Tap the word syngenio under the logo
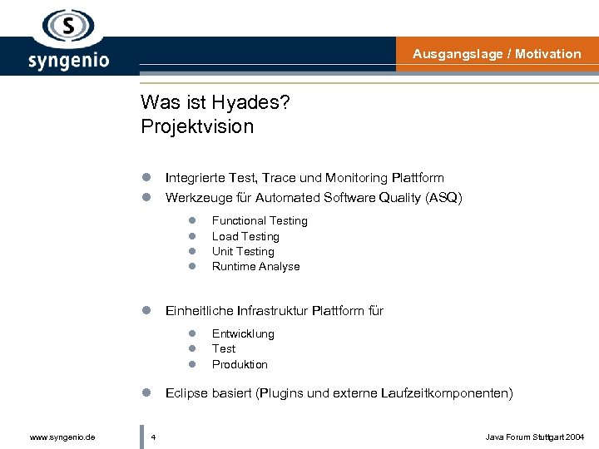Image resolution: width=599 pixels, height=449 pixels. (68, 60)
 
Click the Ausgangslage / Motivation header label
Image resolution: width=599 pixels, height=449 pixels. (497, 54)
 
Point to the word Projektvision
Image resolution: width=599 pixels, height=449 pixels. (197, 126)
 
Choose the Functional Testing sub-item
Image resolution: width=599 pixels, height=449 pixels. (260, 221)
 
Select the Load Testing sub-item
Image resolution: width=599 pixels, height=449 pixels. (245, 237)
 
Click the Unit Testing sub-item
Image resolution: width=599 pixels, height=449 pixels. (243, 252)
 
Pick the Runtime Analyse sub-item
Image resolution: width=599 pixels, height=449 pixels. (255, 267)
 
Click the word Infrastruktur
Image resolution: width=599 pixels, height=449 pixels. (273, 311)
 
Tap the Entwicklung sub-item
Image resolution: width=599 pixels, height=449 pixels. (243, 334)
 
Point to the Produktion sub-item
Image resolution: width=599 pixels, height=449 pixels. (240, 365)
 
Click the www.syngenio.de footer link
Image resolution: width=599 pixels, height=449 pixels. (62, 437)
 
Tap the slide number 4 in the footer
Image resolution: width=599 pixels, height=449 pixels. (155, 437)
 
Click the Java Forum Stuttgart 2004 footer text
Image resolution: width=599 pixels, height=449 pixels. (534, 437)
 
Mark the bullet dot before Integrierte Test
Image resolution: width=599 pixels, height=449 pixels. (145, 178)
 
